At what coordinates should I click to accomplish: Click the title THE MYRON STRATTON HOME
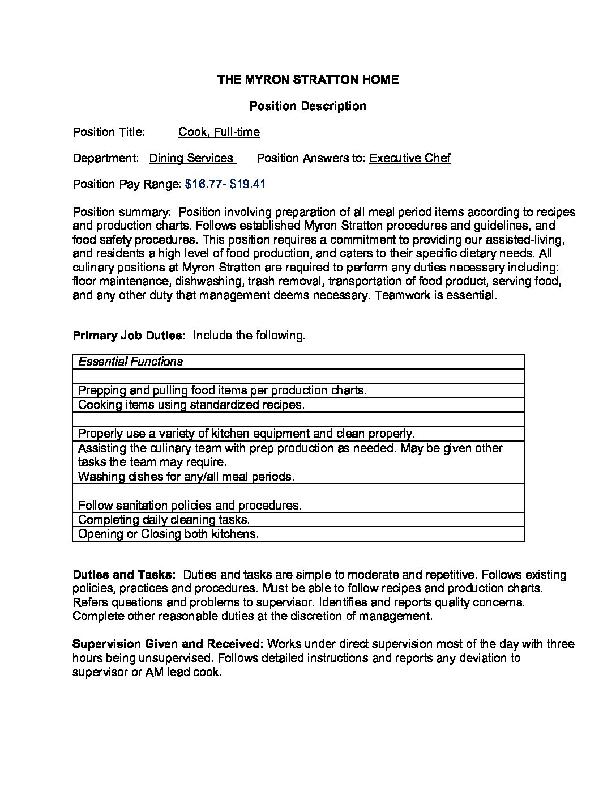click(308, 80)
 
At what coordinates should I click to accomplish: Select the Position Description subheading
click(308, 106)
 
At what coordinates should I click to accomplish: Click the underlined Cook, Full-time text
click(219, 132)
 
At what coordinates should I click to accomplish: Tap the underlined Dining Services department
click(191, 158)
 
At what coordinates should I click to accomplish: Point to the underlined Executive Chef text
click(409, 158)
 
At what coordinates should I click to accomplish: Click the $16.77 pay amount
click(202, 184)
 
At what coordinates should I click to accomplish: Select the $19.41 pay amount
click(248, 184)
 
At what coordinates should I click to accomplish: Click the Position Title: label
click(109, 132)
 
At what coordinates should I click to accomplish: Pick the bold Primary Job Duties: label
click(130, 336)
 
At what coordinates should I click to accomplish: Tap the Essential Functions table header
click(131, 362)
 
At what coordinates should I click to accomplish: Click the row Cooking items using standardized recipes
click(191, 405)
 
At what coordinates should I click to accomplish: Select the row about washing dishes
click(186, 477)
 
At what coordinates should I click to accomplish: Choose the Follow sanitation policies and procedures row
click(190, 505)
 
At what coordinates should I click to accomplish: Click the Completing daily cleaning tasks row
click(164, 520)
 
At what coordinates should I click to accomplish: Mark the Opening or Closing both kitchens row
click(168, 534)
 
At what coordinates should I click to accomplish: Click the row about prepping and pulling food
click(223, 390)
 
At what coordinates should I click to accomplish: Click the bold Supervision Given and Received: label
click(168, 644)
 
